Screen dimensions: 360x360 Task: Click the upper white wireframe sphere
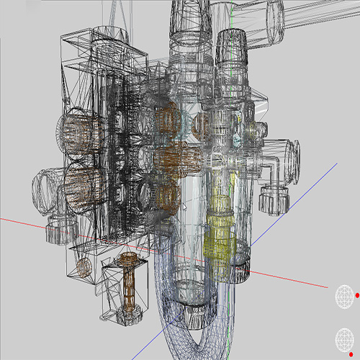click(344, 295)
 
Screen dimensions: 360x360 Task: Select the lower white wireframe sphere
click(344, 339)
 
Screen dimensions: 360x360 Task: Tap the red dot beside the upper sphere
click(356, 294)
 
